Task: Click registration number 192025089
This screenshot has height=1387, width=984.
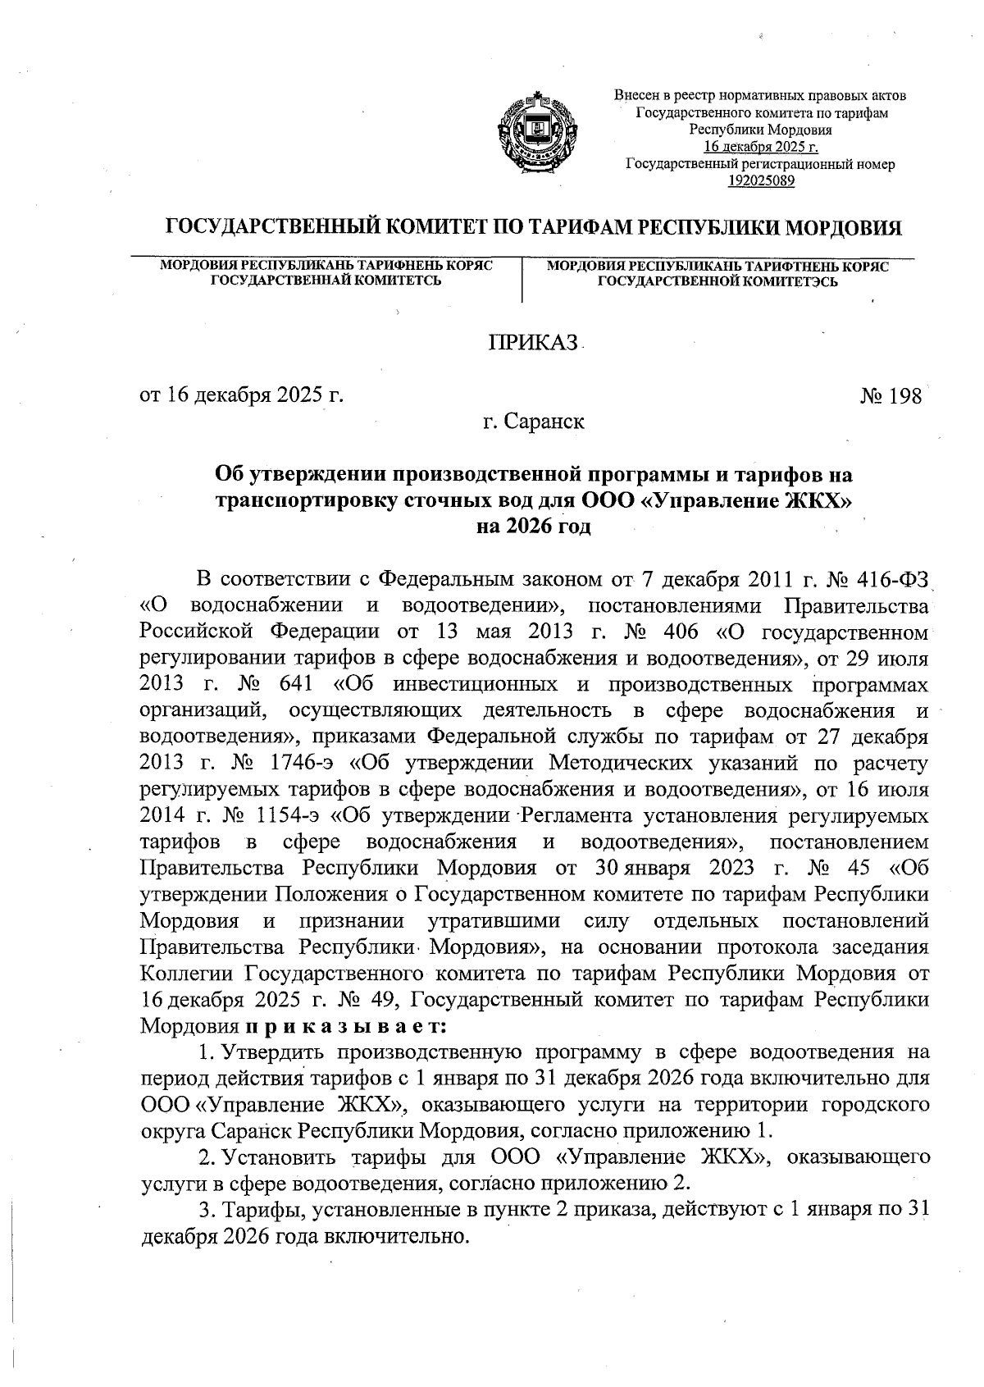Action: click(x=761, y=181)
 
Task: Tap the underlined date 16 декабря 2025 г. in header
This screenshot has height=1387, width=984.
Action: click(x=761, y=148)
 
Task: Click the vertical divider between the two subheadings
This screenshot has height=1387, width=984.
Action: click(x=522, y=279)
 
